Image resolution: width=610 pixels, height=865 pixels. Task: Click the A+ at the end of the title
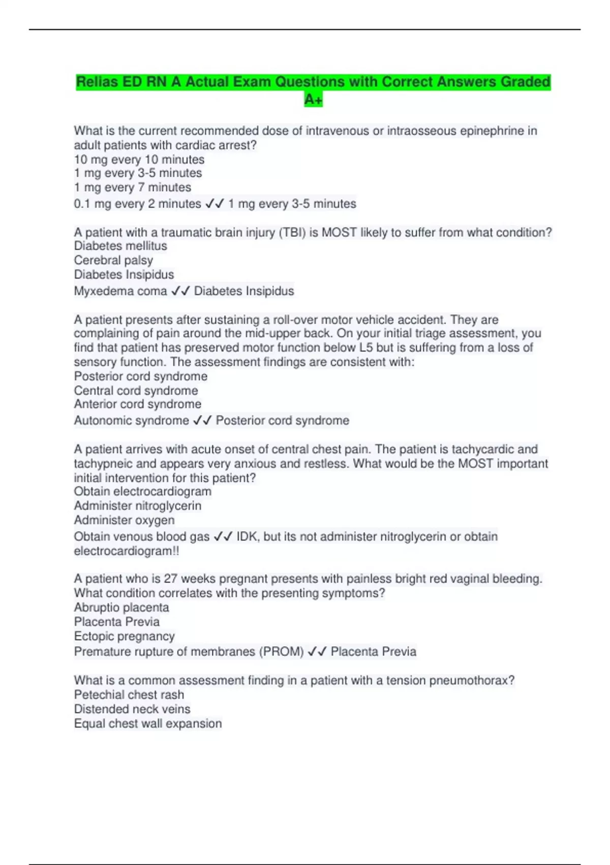(x=313, y=99)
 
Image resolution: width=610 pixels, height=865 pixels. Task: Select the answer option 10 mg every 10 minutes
(x=139, y=159)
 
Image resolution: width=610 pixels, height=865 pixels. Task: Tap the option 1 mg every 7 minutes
(x=132, y=187)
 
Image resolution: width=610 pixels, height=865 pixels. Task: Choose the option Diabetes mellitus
(x=120, y=246)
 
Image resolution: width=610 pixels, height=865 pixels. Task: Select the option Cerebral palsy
(x=113, y=260)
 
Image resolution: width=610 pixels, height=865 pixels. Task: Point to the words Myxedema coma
(x=120, y=291)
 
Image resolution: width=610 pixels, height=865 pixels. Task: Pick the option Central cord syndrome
(x=136, y=390)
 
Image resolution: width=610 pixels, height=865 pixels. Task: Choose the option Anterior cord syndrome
(x=137, y=404)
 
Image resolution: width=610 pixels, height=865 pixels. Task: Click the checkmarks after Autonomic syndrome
(x=202, y=420)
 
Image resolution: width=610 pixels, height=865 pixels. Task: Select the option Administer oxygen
(x=124, y=520)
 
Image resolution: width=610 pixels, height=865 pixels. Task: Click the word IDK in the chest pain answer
(x=247, y=536)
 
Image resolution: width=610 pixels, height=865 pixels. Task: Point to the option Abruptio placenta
(x=121, y=607)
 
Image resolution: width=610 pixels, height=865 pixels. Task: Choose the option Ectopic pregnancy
(x=124, y=636)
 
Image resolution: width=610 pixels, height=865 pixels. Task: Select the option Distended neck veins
(x=132, y=709)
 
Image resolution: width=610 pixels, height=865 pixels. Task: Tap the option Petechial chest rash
(x=129, y=695)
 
